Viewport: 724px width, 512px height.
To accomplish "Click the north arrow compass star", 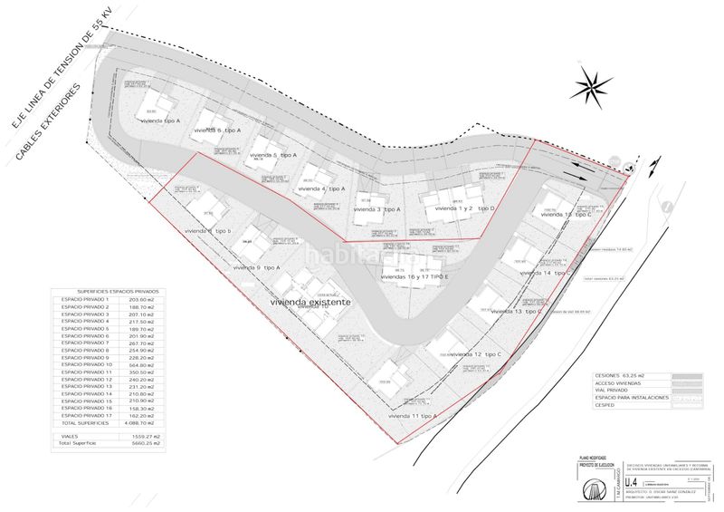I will click(593, 87).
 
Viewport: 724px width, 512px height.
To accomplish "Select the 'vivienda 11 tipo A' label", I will click(413, 415).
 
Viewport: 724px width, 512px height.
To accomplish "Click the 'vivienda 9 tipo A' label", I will click(257, 267).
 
